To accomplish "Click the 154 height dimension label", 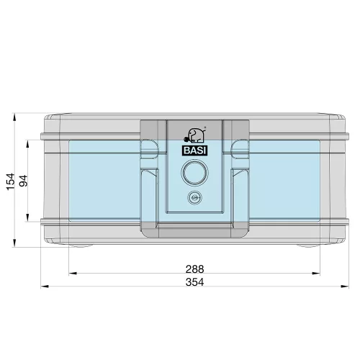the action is point(11,181).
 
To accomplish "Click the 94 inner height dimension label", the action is point(24,181).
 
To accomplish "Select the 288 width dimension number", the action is point(194,269).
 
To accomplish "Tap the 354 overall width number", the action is point(194,282).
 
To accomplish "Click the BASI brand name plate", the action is point(194,150).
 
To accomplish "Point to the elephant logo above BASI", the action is point(194,135).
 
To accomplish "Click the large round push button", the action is point(194,172).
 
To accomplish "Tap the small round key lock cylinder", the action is point(194,197).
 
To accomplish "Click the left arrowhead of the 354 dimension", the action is point(45,287).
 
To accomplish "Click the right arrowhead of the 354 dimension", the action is point(345,286).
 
